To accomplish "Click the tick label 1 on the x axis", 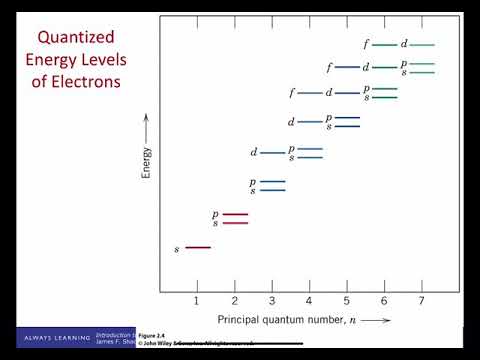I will pos(197,300).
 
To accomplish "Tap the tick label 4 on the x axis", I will pos(309,300).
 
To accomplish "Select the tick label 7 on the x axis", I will pos(422,300).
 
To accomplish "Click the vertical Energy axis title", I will pos(146,157).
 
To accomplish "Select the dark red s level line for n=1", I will pos(197,246).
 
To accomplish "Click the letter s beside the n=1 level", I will pos(177,248).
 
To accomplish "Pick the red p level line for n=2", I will pos(235,214).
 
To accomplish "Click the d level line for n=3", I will pos(272,153).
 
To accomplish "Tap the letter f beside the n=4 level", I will pos(291,93).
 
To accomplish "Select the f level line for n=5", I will pos(346,68).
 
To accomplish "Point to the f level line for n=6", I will pos(384,44).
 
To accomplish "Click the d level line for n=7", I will pos(421,44).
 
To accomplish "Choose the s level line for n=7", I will pos(421,73).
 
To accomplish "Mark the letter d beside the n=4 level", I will pos(291,122).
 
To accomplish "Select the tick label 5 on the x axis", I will pos(347,300).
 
